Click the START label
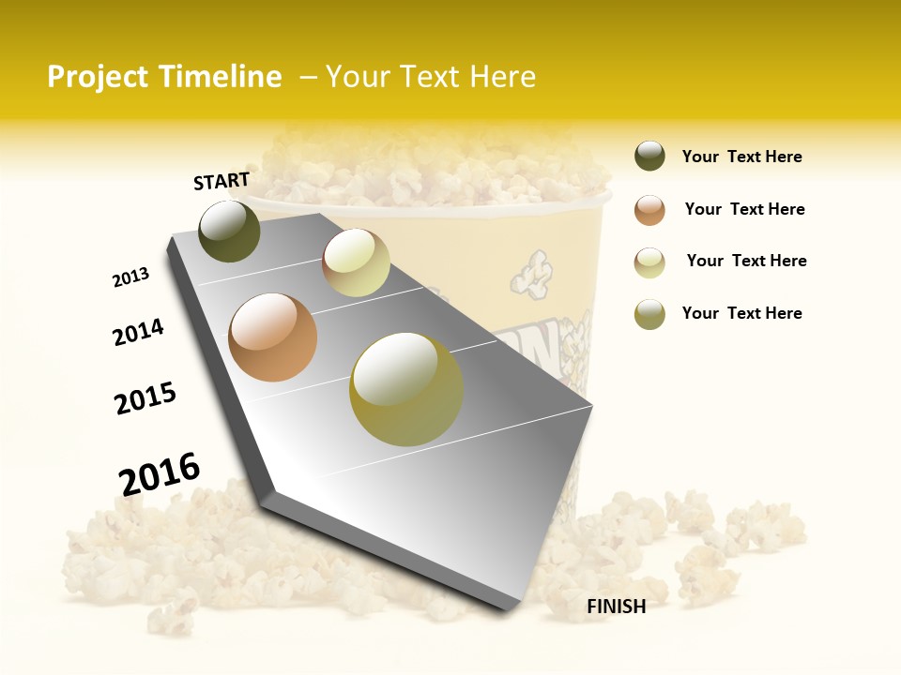[x=221, y=181]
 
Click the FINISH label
[x=617, y=607]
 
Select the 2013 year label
[x=131, y=277]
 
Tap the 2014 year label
[x=139, y=332]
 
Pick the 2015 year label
[x=145, y=398]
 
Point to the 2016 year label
[x=160, y=473]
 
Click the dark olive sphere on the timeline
[x=230, y=231]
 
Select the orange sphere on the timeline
[x=273, y=337]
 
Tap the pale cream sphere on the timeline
[x=356, y=262]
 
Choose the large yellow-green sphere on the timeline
[x=406, y=389]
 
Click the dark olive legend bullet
[x=649, y=157]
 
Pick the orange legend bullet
[x=649, y=210]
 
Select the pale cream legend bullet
[x=649, y=262]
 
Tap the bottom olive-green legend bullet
[x=649, y=314]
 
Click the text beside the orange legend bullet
[x=744, y=209]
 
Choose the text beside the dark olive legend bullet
[x=741, y=157]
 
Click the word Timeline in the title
[x=221, y=77]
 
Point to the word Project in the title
[x=97, y=77]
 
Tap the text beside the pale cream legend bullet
[x=746, y=261]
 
